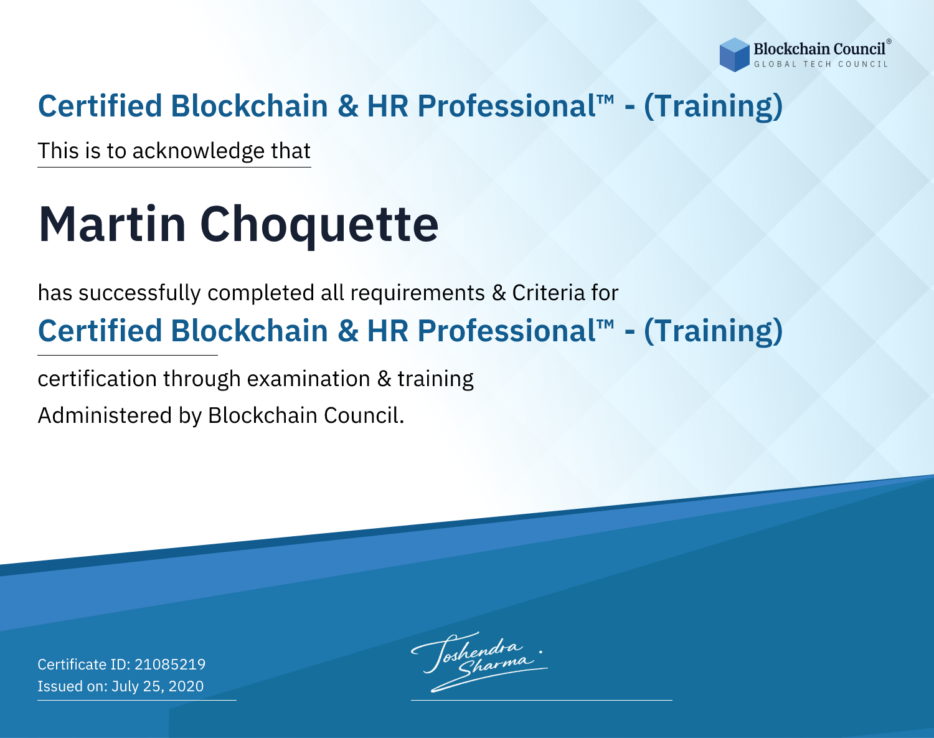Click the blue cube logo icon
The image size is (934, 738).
tap(734, 55)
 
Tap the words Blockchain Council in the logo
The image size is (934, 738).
tap(819, 49)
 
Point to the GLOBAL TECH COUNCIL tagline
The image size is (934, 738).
tap(821, 64)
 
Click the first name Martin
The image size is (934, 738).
tap(113, 224)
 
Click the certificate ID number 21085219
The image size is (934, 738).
tap(170, 664)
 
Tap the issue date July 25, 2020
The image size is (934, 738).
tap(158, 686)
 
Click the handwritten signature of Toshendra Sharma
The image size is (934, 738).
tap(479, 661)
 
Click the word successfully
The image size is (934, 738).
tap(139, 293)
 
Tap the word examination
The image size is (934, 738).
tap(309, 379)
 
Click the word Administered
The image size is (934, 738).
tap(105, 415)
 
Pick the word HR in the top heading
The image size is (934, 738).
tap(387, 106)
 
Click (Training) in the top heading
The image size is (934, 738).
tap(713, 106)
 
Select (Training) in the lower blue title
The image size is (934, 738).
tap(713, 331)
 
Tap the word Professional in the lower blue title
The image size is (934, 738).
tap(507, 331)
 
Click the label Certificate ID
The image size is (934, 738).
tap(84, 664)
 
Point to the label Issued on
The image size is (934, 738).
tap(72, 686)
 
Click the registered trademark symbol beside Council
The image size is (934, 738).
tap(889, 42)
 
